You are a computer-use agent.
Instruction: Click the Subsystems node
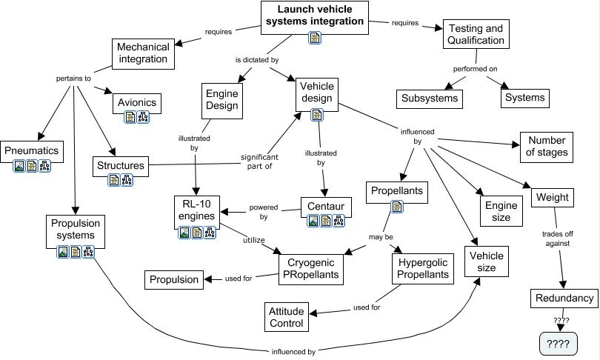[430, 98]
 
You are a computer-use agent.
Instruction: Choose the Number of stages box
[548, 147]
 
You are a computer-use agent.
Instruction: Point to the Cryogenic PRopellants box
[310, 268]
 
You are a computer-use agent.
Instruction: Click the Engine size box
[496, 211]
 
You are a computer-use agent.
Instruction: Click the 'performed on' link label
[475, 69]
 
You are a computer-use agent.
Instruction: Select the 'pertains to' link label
[73, 78]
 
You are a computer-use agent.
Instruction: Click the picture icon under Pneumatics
[19, 167]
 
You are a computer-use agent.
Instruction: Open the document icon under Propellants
[397, 207]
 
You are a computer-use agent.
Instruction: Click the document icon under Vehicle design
[317, 115]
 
